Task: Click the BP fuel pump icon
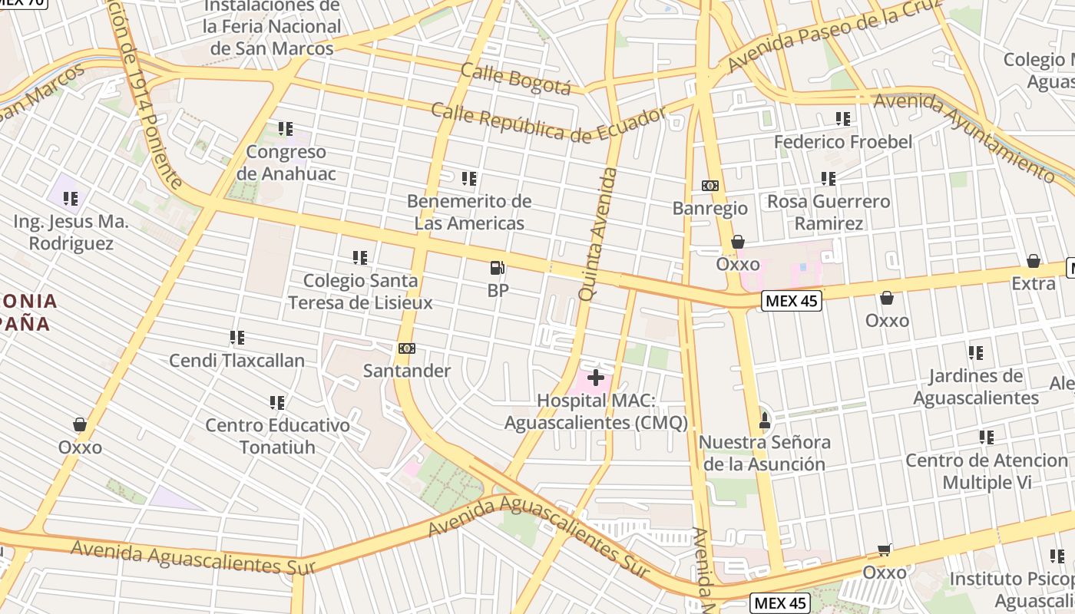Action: point(498,268)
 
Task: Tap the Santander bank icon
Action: point(406,348)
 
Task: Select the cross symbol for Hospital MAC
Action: point(595,378)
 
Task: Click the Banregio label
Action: point(709,208)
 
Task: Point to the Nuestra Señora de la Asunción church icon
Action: point(764,420)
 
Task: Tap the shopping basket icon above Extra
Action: point(1034,261)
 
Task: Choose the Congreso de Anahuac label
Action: point(286,163)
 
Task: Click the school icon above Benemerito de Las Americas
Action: point(469,179)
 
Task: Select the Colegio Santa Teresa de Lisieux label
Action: point(360,292)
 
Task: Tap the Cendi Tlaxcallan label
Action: point(237,360)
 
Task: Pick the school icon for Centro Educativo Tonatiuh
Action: point(277,402)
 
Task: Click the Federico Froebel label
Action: point(843,142)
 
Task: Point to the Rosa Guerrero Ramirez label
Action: point(829,213)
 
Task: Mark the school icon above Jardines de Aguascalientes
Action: point(975,353)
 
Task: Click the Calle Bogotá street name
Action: point(515,79)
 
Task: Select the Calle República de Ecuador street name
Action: point(548,123)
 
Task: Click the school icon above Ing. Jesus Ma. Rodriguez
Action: point(71,200)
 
